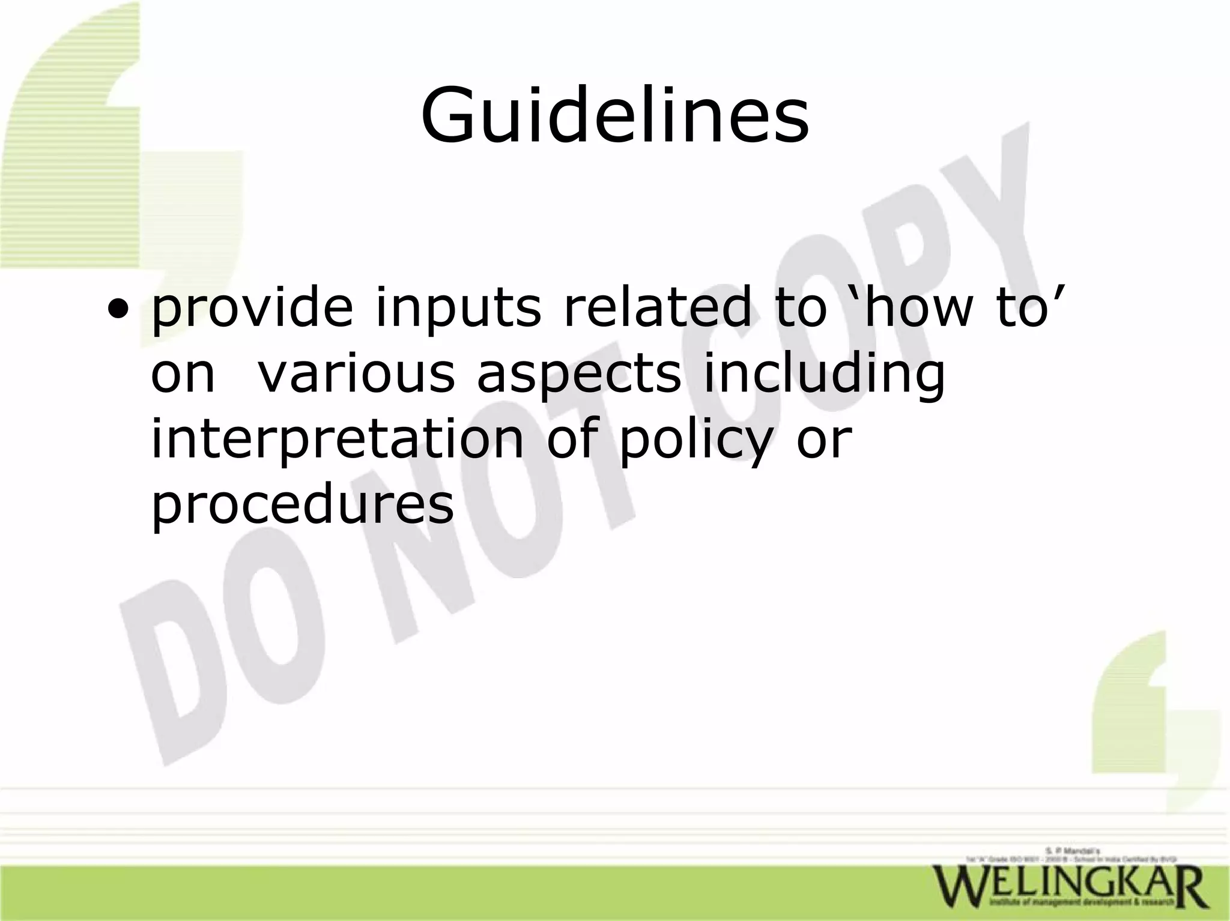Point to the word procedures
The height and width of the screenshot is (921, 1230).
point(302,506)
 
